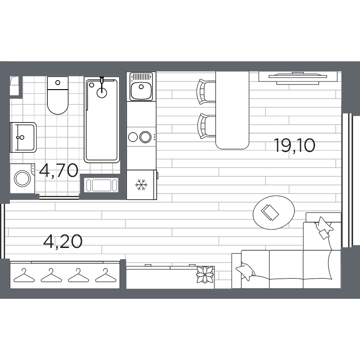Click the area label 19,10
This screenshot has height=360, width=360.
tap(294, 146)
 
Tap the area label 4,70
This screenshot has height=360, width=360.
tap(58, 171)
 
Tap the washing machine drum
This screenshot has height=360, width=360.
tap(21, 178)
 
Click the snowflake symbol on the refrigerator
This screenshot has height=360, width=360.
tap(142, 184)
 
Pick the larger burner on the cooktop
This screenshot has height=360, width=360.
tap(145, 136)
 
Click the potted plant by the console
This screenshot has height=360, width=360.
tap(206, 274)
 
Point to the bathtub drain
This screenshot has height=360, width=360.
tap(103, 93)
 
